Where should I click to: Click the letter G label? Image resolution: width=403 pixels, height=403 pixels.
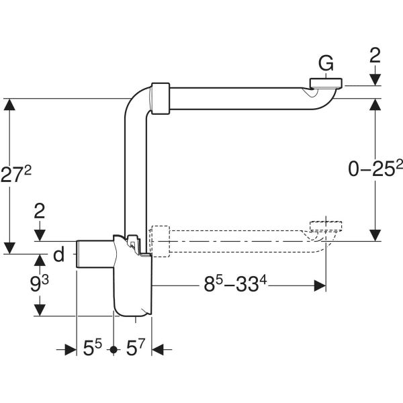[x=326, y=62]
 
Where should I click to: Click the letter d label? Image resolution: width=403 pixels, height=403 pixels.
[x=58, y=255]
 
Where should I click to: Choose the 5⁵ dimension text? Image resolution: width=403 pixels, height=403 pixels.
[x=92, y=349]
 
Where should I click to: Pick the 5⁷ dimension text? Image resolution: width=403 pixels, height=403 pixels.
[x=136, y=349]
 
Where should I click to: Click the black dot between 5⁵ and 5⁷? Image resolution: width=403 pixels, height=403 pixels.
[x=114, y=349]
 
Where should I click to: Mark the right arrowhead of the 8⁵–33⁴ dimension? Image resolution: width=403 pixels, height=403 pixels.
[x=320, y=285]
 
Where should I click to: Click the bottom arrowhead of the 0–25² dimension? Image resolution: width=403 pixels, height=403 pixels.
[x=375, y=235]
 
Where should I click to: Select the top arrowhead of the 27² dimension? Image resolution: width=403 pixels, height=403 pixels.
[x=9, y=105]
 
